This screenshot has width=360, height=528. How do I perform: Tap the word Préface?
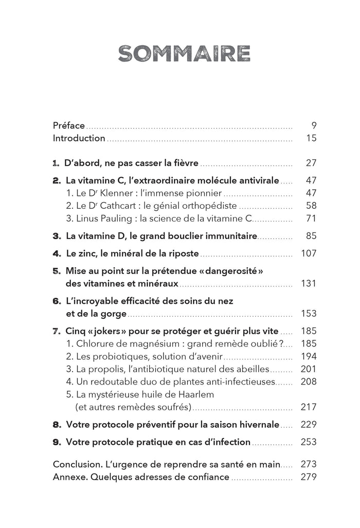coord(69,125)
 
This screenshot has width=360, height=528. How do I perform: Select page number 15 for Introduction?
coord(311,138)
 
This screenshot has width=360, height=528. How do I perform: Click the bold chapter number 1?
coord(56,163)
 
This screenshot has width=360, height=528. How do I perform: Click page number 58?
coord(311,206)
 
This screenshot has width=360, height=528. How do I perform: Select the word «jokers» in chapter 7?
coord(106,331)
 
